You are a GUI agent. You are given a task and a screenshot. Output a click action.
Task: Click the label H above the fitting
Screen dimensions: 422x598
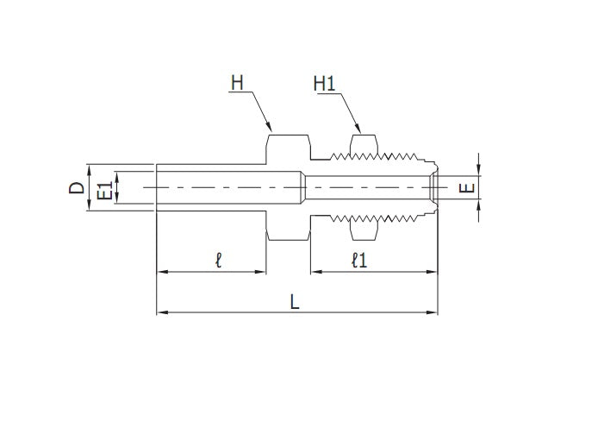[x=237, y=84]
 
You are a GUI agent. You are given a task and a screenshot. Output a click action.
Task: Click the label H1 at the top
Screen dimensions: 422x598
[x=325, y=84]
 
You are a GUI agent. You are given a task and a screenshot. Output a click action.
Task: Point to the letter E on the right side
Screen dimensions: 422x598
[x=467, y=187]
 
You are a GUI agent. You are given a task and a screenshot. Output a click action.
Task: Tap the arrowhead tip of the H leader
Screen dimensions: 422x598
[x=271, y=131]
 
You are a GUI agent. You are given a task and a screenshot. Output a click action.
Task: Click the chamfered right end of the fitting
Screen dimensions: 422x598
[x=433, y=187]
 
